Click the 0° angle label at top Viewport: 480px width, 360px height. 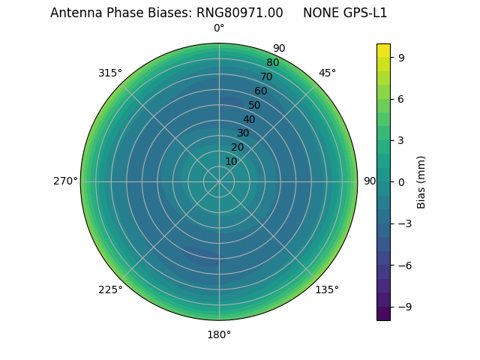(219, 28)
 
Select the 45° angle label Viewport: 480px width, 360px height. (327, 73)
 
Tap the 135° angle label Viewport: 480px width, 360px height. (327, 289)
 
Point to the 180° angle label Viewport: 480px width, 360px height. (219, 334)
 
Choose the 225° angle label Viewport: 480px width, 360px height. (110, 289)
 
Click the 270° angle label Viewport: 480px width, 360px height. (65, 181)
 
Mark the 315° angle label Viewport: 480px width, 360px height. (110, 73)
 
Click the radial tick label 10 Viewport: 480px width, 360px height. (231, 161)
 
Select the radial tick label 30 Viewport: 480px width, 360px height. (243, 133)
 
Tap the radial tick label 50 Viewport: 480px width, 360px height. (255, 105)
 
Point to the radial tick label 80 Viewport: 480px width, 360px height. (272, 63)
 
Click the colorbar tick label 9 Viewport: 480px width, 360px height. (402, 57)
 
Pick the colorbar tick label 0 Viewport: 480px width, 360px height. (402, 181)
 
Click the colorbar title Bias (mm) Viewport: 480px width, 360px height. (421, 181)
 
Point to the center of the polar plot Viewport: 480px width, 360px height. (219, 181)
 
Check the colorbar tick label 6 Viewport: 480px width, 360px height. (402, 98)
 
